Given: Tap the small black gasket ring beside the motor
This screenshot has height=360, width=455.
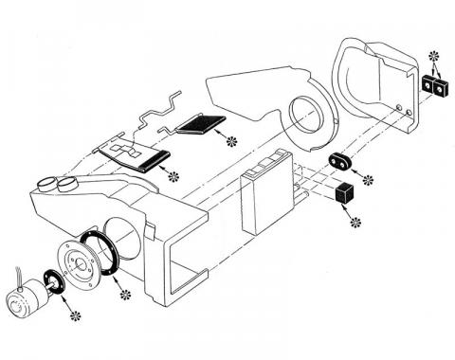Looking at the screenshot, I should (56, 284).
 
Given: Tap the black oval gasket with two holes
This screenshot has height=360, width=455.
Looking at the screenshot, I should (340, 161).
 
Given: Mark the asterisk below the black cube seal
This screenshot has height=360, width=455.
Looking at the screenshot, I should (356, 222).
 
